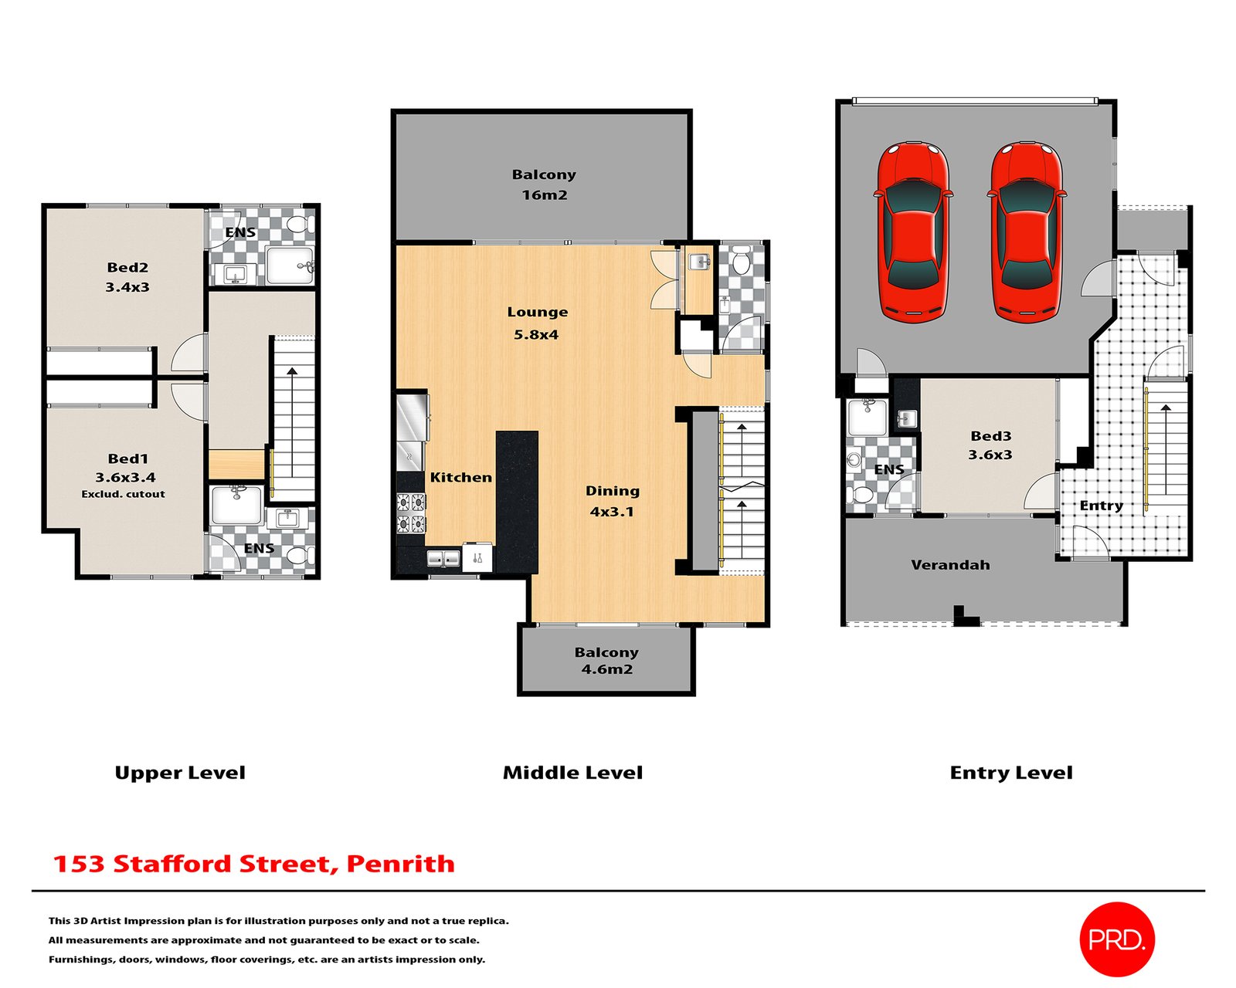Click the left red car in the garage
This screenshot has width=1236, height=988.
pyautogui.click(x=912, y=231)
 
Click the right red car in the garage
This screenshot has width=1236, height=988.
pyautogui.click(x=1026, y=231)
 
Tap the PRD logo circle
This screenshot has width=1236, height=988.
pyautogui.click(x=1116, y=939)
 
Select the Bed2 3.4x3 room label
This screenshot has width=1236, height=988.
pyautogui.click(x=127, y=277)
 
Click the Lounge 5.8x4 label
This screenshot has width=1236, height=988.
pyautogui.click(x=537, y=323)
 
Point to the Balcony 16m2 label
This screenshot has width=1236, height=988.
pyautogui.click(x=544, y=184)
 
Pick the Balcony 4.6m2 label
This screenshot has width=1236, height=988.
pyautogui.click(x=606, y=661)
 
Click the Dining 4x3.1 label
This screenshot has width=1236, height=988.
pyautogui.click(x=612, y=501)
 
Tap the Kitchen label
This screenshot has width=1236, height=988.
pyautogui.click(x=460, y=477)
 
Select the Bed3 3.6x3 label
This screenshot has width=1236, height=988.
pyautogui.click(x=990, y=445)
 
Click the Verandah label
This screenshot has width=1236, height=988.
pyautogui.click(x=950, y=565)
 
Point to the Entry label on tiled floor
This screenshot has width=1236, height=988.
pyautogui.click(x=1101, y=506)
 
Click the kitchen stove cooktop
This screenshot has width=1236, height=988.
pyautogui.click(x=411, y=514)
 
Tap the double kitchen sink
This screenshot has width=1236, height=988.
pyautogui.click(x=443, y=558)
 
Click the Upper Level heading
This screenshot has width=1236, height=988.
pyautogui.click(x=180, y=773)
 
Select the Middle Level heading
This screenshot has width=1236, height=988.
pyautogui.click(x=572, y=773)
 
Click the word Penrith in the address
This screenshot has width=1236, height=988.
pyautogui.click(x=400, y=864)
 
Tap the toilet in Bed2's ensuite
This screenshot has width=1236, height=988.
pyautogui.click(x=297, y=225)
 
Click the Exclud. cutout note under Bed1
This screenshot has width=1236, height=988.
pyautogui.click(x=124, y=494)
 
